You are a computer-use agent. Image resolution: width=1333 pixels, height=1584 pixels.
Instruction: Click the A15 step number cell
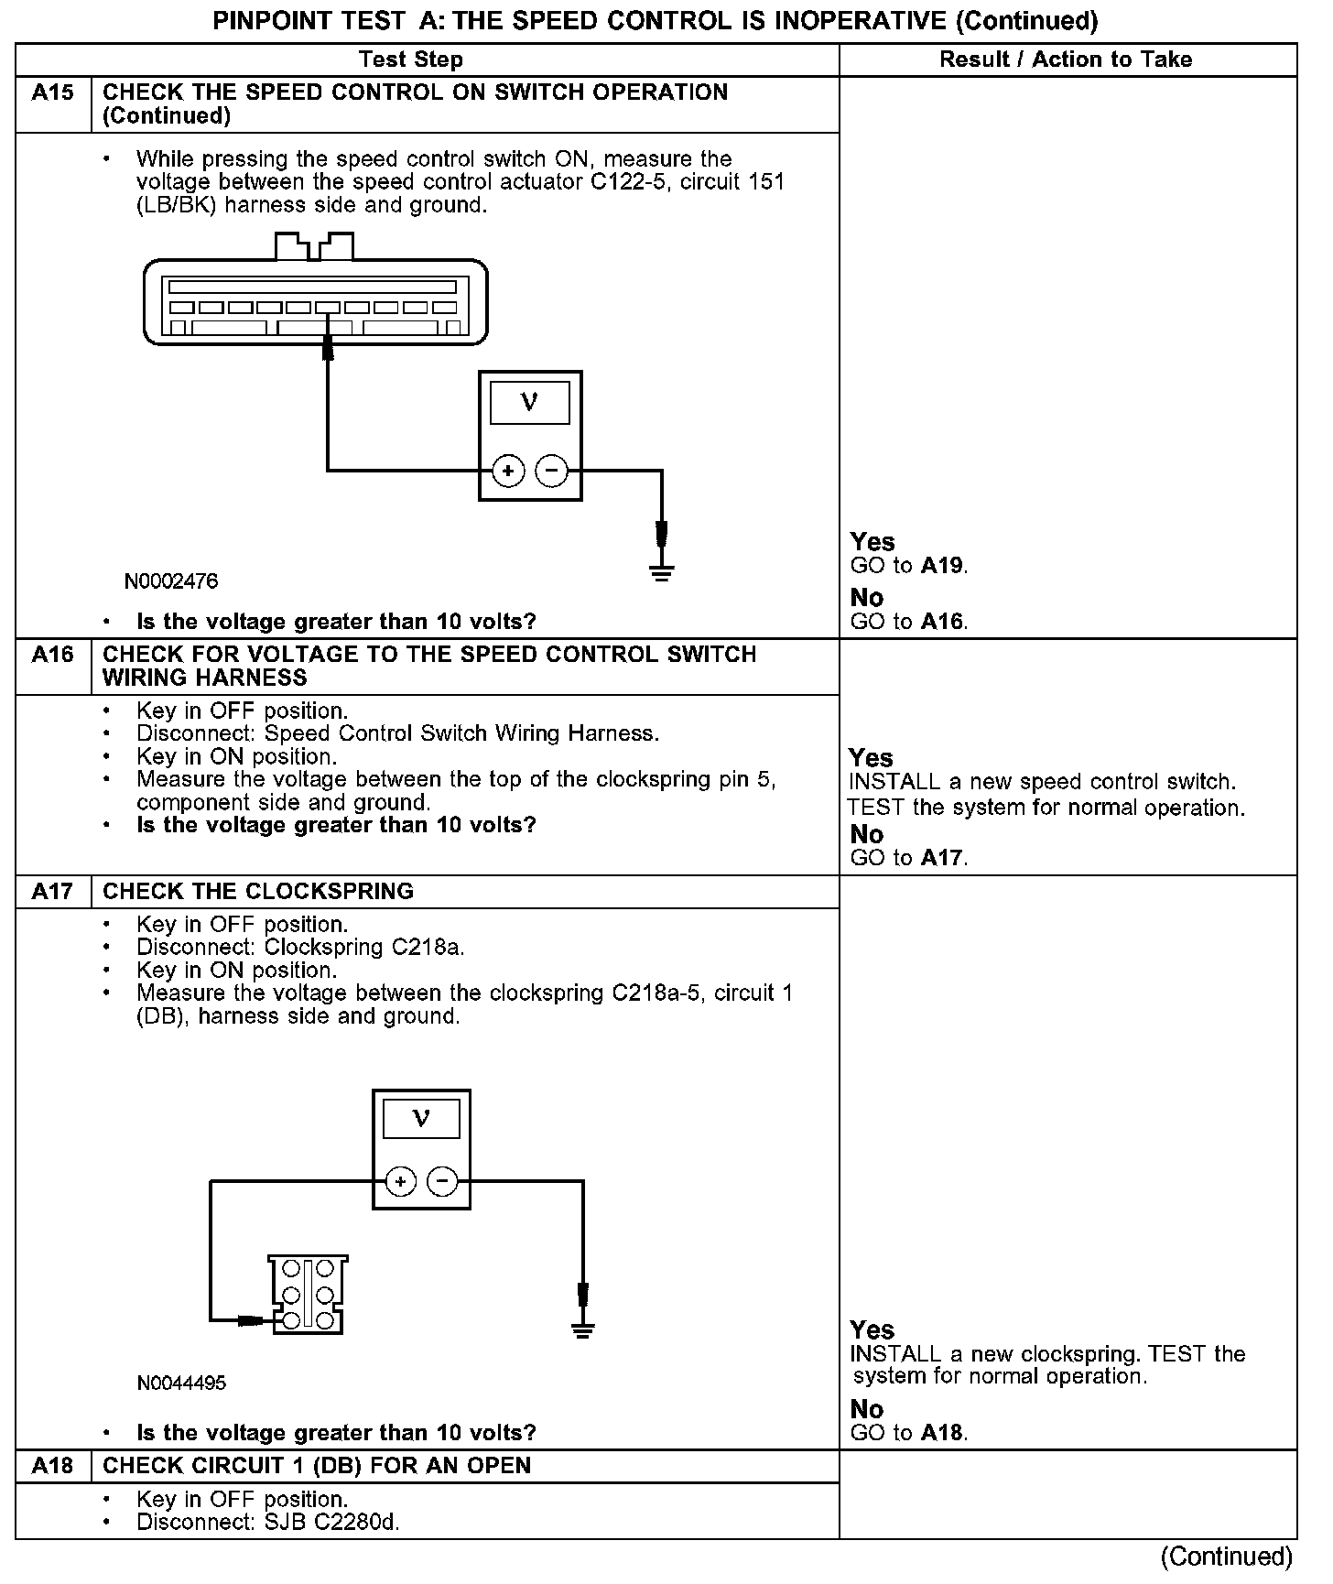pos(53,92)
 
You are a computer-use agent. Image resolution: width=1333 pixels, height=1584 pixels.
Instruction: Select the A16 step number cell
pos(53,655)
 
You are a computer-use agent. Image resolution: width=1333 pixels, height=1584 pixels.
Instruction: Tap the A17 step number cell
pos(53,891)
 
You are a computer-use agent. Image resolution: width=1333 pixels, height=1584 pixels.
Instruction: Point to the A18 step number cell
pos(53,1466)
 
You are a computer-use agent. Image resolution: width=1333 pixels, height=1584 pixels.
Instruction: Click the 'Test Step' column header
pos(411,60)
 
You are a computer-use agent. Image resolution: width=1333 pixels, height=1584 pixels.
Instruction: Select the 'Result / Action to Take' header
pos(1066,60)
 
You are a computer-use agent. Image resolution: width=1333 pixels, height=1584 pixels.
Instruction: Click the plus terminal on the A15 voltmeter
pos(508,472)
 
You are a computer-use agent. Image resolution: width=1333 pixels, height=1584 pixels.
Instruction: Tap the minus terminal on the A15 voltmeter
pos(551,472)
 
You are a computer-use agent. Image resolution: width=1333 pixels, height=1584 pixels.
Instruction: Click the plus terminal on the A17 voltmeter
pos(400,1181)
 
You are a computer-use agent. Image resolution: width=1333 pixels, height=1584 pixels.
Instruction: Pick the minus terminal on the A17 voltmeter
pos(443,1181)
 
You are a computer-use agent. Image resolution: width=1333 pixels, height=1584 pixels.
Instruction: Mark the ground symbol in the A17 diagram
pos(582,1329)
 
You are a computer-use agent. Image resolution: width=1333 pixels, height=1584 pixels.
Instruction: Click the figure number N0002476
pos(172,581)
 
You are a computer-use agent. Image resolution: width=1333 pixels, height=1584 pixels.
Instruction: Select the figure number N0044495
pos(181,1383)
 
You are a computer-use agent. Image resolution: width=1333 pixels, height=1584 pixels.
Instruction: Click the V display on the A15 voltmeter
pos(529,403)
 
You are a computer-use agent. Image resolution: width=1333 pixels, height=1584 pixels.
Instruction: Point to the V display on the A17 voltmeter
pos(421,1118)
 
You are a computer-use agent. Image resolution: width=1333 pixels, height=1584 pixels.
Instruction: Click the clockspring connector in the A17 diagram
pos(308,1294)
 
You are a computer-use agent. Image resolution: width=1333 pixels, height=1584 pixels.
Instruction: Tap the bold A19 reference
pos(941,566)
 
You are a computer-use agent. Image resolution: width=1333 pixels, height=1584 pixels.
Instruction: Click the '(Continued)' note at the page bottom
pos(1227,1557)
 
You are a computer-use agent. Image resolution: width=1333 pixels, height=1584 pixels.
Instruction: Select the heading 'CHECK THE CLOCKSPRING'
pos(258,891)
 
